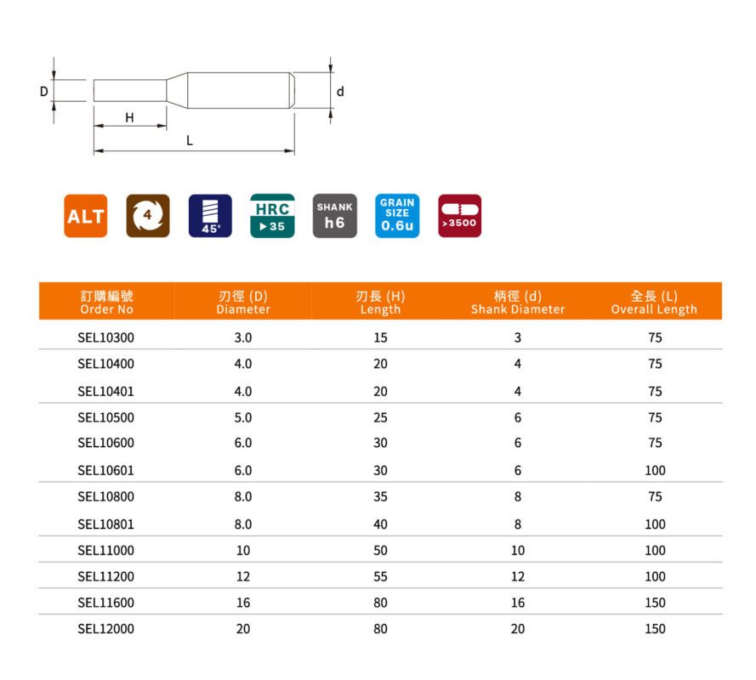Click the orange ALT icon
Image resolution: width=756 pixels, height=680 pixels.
pyautogui.click(x=85, y=216)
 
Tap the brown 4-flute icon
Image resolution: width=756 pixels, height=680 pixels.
pyautogui.click(x=147, y=216)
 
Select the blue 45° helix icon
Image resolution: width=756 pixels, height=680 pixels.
pyautogui.click(x=210, y=216)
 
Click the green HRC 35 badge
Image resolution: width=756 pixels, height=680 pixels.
pyautogui.click(x=272, y=216)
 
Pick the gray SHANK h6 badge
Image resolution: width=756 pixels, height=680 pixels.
pyautogui.click(x=334, y=216)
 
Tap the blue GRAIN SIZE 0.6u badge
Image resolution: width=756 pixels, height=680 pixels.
pyautogui.click(x=397, y=216)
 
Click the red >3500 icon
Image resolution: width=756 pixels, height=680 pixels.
pyautogui.click(x=459, y=216)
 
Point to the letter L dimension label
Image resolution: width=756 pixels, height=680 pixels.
pyautogui.click(x=190, y=141)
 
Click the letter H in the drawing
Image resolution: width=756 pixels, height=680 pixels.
pyautogui.click(x=129, y=117)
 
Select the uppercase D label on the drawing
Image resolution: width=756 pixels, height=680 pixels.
pyautogui.click(x=44, y=92)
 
